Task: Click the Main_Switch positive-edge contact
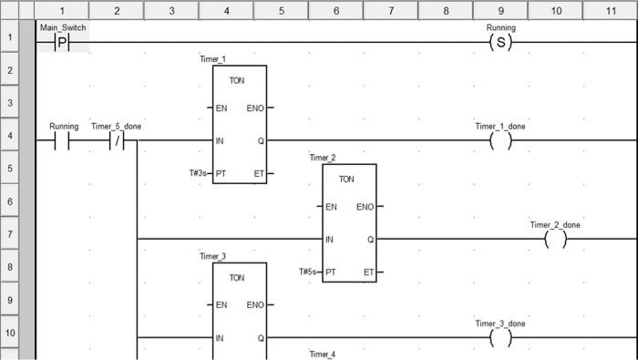tap(62, 43)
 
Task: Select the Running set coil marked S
tap(500, 43)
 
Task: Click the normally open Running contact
tap(62, 141)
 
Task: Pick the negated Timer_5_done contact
tap(117, 141)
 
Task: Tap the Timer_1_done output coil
tap(500, 141)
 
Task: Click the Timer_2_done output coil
tap(555, 240)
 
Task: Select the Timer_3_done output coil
tap(500, 338)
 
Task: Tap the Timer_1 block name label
tap(211, 59)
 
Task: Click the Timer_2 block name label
tap(322, 158)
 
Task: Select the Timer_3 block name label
tap(211, 256)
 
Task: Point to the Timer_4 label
tap(322, 354)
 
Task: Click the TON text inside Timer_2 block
tap(346, 180)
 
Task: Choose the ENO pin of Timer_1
tap(255, 108)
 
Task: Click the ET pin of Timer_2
tap(367, 272)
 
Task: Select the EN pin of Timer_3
tap(221, 305)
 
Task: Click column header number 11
tap(611, 10)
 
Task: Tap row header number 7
tap(9, 234)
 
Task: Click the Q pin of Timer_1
tap(261, 141)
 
